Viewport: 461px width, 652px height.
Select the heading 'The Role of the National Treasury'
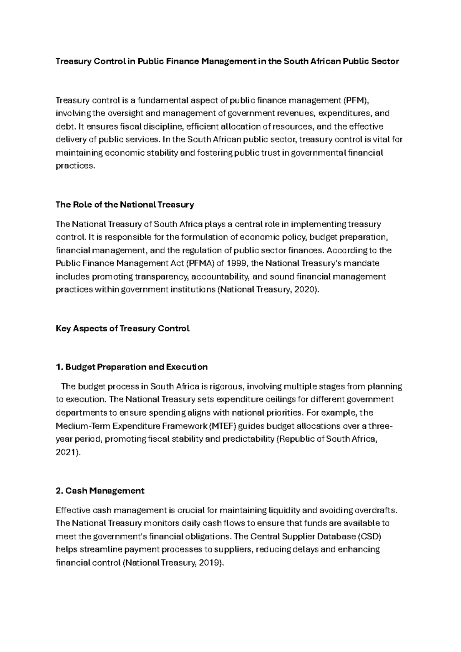pos(124,205)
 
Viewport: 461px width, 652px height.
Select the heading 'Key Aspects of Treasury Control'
pos(123,329)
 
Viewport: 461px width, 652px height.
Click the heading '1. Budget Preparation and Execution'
pos(131,367)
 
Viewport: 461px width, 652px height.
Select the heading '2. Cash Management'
pos(100,491)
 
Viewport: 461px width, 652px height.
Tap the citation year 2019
pos(210,563)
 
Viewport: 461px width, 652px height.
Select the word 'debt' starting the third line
pos(64,127)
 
